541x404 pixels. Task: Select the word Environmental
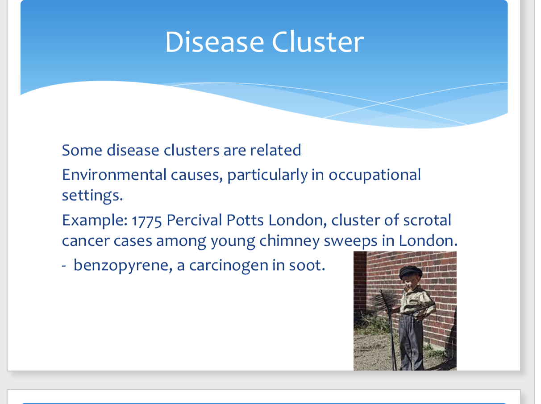(x=114, y=174)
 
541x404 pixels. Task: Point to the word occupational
(x=375, y=175)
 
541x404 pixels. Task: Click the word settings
(x=92, y=195)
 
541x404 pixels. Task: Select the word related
(x=275, y=150)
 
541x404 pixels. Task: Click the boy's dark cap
(x=411, y=271)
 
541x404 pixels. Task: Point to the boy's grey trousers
(x=412, y=339)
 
